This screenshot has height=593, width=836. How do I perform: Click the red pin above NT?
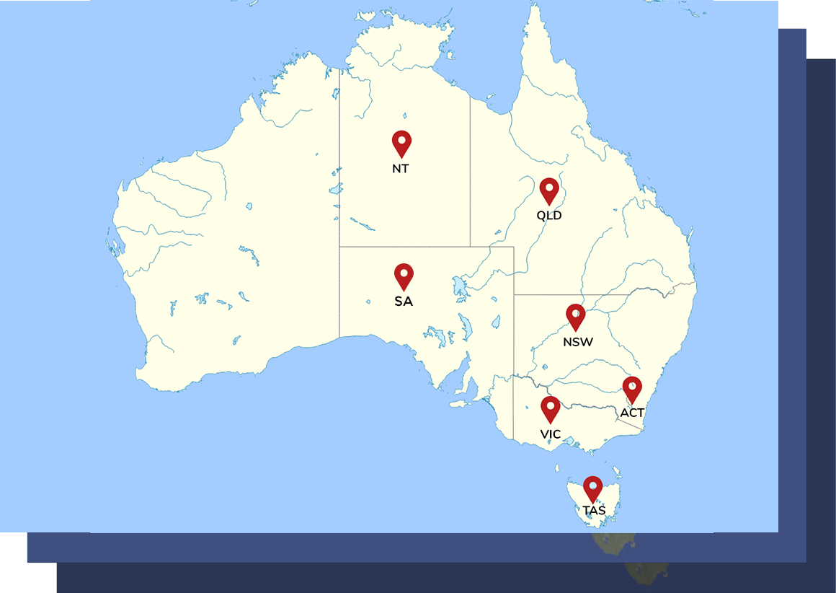tap(401, 144)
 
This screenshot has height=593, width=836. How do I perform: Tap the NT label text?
tap(401, 169)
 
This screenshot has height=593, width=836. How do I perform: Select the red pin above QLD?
tap(549, 191)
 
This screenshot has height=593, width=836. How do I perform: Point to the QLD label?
tap(549, 215)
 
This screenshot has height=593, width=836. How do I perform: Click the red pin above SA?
tap(404, 276)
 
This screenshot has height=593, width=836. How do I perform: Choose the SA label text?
tap(404, 302)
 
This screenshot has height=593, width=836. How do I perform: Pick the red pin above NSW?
tap(575, 317)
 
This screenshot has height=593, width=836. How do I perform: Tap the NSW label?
tap(578, 342)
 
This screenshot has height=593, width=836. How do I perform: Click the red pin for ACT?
tap(632, 390)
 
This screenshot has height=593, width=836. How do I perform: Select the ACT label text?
tap(632, 413)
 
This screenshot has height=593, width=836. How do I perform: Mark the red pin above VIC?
tap(550, 409)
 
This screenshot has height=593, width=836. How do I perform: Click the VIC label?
tap(551, 434)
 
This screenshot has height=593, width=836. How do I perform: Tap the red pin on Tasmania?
tap(592, 489)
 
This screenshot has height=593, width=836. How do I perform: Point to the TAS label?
tap(594, 511)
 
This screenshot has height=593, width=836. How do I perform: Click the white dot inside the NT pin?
tap(401, 139)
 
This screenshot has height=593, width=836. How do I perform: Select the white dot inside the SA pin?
tap(404, 272)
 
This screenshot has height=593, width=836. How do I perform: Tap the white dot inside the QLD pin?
tap(549, 187)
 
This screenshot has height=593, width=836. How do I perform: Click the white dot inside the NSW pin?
tap(575, 312)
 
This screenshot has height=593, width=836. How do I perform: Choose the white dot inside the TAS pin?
tap(592, 485)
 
